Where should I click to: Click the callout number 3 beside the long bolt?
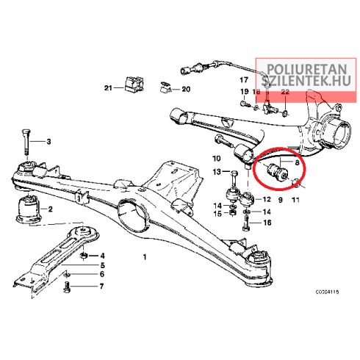pos(48,142)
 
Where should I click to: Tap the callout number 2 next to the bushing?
pos(50,209)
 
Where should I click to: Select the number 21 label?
pos(108,87)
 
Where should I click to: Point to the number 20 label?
pos(186,89)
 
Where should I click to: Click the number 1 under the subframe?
pos(145,257)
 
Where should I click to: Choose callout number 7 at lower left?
pos(101,286)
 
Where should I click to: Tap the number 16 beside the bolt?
pos(267,223)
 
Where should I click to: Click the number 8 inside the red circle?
pos(297,162)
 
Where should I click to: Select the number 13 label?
pos(217,172)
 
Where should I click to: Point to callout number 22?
pos(285,92)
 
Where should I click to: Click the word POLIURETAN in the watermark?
pos(306,69)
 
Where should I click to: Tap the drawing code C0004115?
pos(327,292)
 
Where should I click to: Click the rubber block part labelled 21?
pos(134,84)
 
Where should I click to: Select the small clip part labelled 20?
pos(166,87)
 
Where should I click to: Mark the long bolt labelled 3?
pos(26,142)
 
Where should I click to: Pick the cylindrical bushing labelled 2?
pos(29,209)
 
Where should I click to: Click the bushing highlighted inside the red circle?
pos(277,171)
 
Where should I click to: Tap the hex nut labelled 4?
pos(84,256)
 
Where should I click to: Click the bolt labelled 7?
pos(67,287)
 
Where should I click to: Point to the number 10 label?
pos(217,159)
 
